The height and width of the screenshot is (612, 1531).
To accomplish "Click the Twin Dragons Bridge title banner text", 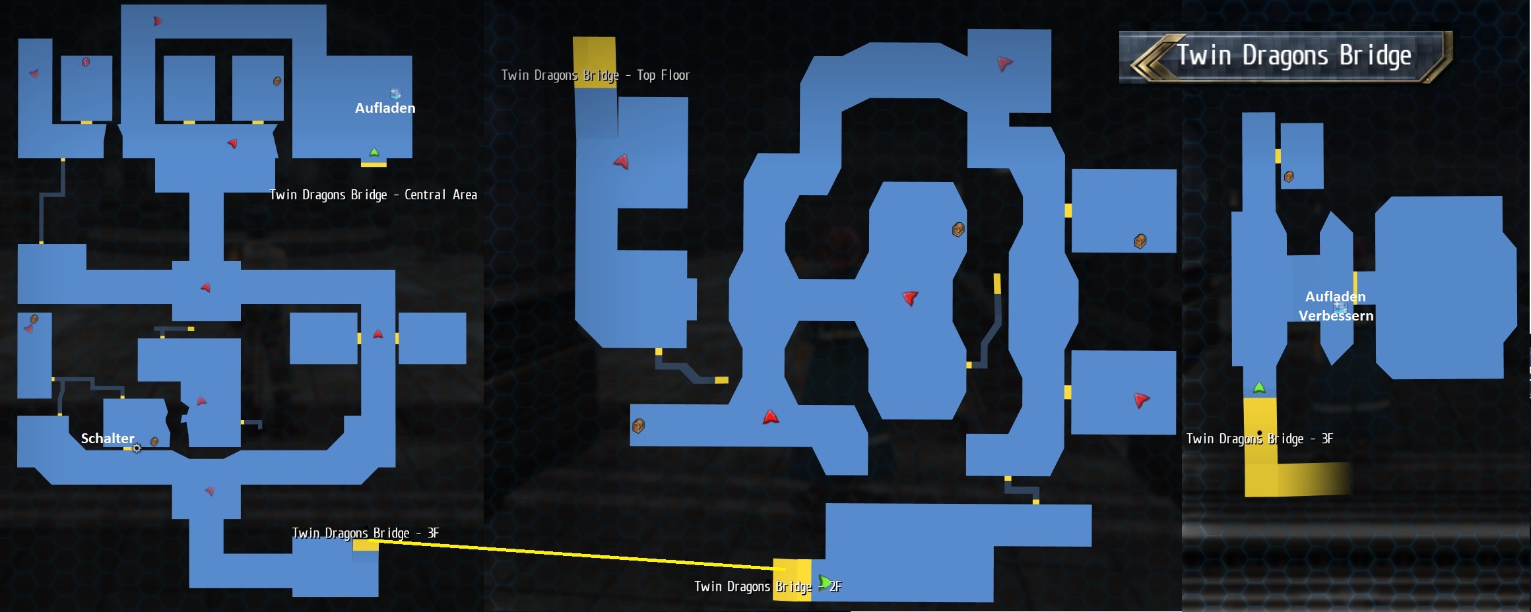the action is [x=1293, y=56].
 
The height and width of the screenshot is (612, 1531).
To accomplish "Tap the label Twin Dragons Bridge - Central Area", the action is [x=373, y=195].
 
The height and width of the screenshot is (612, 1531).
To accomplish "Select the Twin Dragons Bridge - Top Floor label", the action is [x=595, y=75].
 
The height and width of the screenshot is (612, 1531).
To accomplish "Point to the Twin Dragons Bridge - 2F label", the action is [x=768, y=586].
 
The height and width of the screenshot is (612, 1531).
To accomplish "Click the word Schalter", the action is [x=108, y=439].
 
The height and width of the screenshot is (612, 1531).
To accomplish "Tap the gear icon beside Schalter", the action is [x=137, y=448].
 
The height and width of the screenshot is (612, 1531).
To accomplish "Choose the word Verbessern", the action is [x=1336, y=316].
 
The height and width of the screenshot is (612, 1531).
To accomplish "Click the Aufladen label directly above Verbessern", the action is [x=1336, y=297].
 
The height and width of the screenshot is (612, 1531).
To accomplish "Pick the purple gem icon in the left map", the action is [x=86, y=62].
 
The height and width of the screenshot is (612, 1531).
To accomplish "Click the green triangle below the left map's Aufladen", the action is [x=374, y=152].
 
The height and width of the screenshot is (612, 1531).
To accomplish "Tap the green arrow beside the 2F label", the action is [x=824, y=582].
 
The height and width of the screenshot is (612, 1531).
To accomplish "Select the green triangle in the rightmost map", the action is [x=1259, y=387].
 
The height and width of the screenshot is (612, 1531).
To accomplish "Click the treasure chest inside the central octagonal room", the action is [x=958, y=229].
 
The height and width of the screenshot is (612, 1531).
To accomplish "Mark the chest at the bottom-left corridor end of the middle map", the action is [x=638, y=426].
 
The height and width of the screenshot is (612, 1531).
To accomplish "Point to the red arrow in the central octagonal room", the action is [x=910, y=298].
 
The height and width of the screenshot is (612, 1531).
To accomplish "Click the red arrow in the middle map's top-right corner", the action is [x=1004, y=63].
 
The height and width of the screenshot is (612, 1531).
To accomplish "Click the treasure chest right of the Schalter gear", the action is [x=154, y=441].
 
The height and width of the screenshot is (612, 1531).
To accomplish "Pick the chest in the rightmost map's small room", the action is [x=1289, y=177].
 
